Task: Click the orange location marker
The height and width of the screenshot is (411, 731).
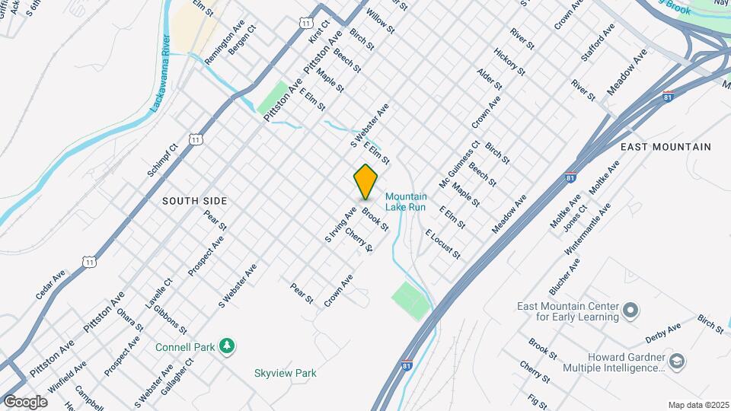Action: point(366,182)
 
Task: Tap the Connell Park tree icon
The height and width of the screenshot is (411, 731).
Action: point(226,346)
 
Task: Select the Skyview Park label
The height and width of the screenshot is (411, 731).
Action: point(285,373)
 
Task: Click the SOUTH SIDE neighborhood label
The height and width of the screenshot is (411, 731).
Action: point(194,201)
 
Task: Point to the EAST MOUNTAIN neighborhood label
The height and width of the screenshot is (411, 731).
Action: point(666,147)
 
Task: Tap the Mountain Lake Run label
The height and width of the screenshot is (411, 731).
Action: point(406,202)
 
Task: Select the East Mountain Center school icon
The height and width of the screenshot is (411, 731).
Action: point(630,311)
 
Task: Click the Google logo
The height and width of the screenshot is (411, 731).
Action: point(25,401)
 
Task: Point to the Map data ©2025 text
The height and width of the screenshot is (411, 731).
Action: point(698,404)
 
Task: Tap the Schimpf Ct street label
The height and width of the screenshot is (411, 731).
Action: point(163,160)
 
